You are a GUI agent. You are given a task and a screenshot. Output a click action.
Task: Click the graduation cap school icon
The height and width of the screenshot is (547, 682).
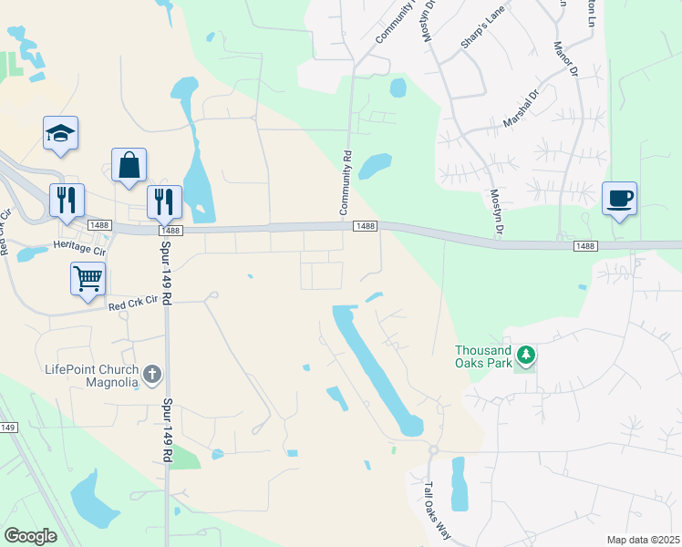[x=61, y=134]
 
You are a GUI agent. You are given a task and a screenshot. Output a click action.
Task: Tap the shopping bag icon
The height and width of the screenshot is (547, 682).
[x=129, y=166]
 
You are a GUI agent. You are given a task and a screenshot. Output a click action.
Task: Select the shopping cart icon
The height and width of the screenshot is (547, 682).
[x=88, y=279]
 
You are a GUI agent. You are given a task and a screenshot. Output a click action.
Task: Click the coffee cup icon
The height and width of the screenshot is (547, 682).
[x=619, y=199]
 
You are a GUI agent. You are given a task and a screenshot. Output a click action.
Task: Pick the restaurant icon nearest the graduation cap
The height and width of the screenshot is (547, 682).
[x=67, y=200]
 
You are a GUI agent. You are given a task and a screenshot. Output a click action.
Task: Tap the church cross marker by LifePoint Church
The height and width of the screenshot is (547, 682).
[x=152, y=374]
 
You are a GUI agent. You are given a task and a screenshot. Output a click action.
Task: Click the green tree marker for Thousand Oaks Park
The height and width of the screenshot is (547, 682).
[x=524, y=354]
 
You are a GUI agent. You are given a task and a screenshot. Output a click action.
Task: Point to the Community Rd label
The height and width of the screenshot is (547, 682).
[x=346, y=183]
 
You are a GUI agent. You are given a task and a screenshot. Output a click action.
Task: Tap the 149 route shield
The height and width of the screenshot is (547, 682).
[x=8, y=428]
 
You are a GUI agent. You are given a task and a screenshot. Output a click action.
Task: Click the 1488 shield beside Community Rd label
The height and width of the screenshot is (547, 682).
[x=365, y=226]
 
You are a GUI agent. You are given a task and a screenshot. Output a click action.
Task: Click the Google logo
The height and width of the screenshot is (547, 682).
[x=30, y=536]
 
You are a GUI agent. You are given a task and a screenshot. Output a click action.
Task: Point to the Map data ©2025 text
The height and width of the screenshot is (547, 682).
[x=643, y=540]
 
